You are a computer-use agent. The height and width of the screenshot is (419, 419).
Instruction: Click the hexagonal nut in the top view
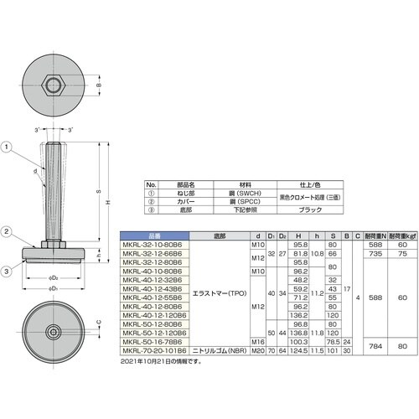[x=54, y=85]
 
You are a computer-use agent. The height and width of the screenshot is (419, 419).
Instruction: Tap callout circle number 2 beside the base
[x=8, y=233]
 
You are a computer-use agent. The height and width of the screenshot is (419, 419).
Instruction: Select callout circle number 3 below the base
[x=8, y=270]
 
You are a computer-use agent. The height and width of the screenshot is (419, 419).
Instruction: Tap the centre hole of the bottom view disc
[x=55, y=333]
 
